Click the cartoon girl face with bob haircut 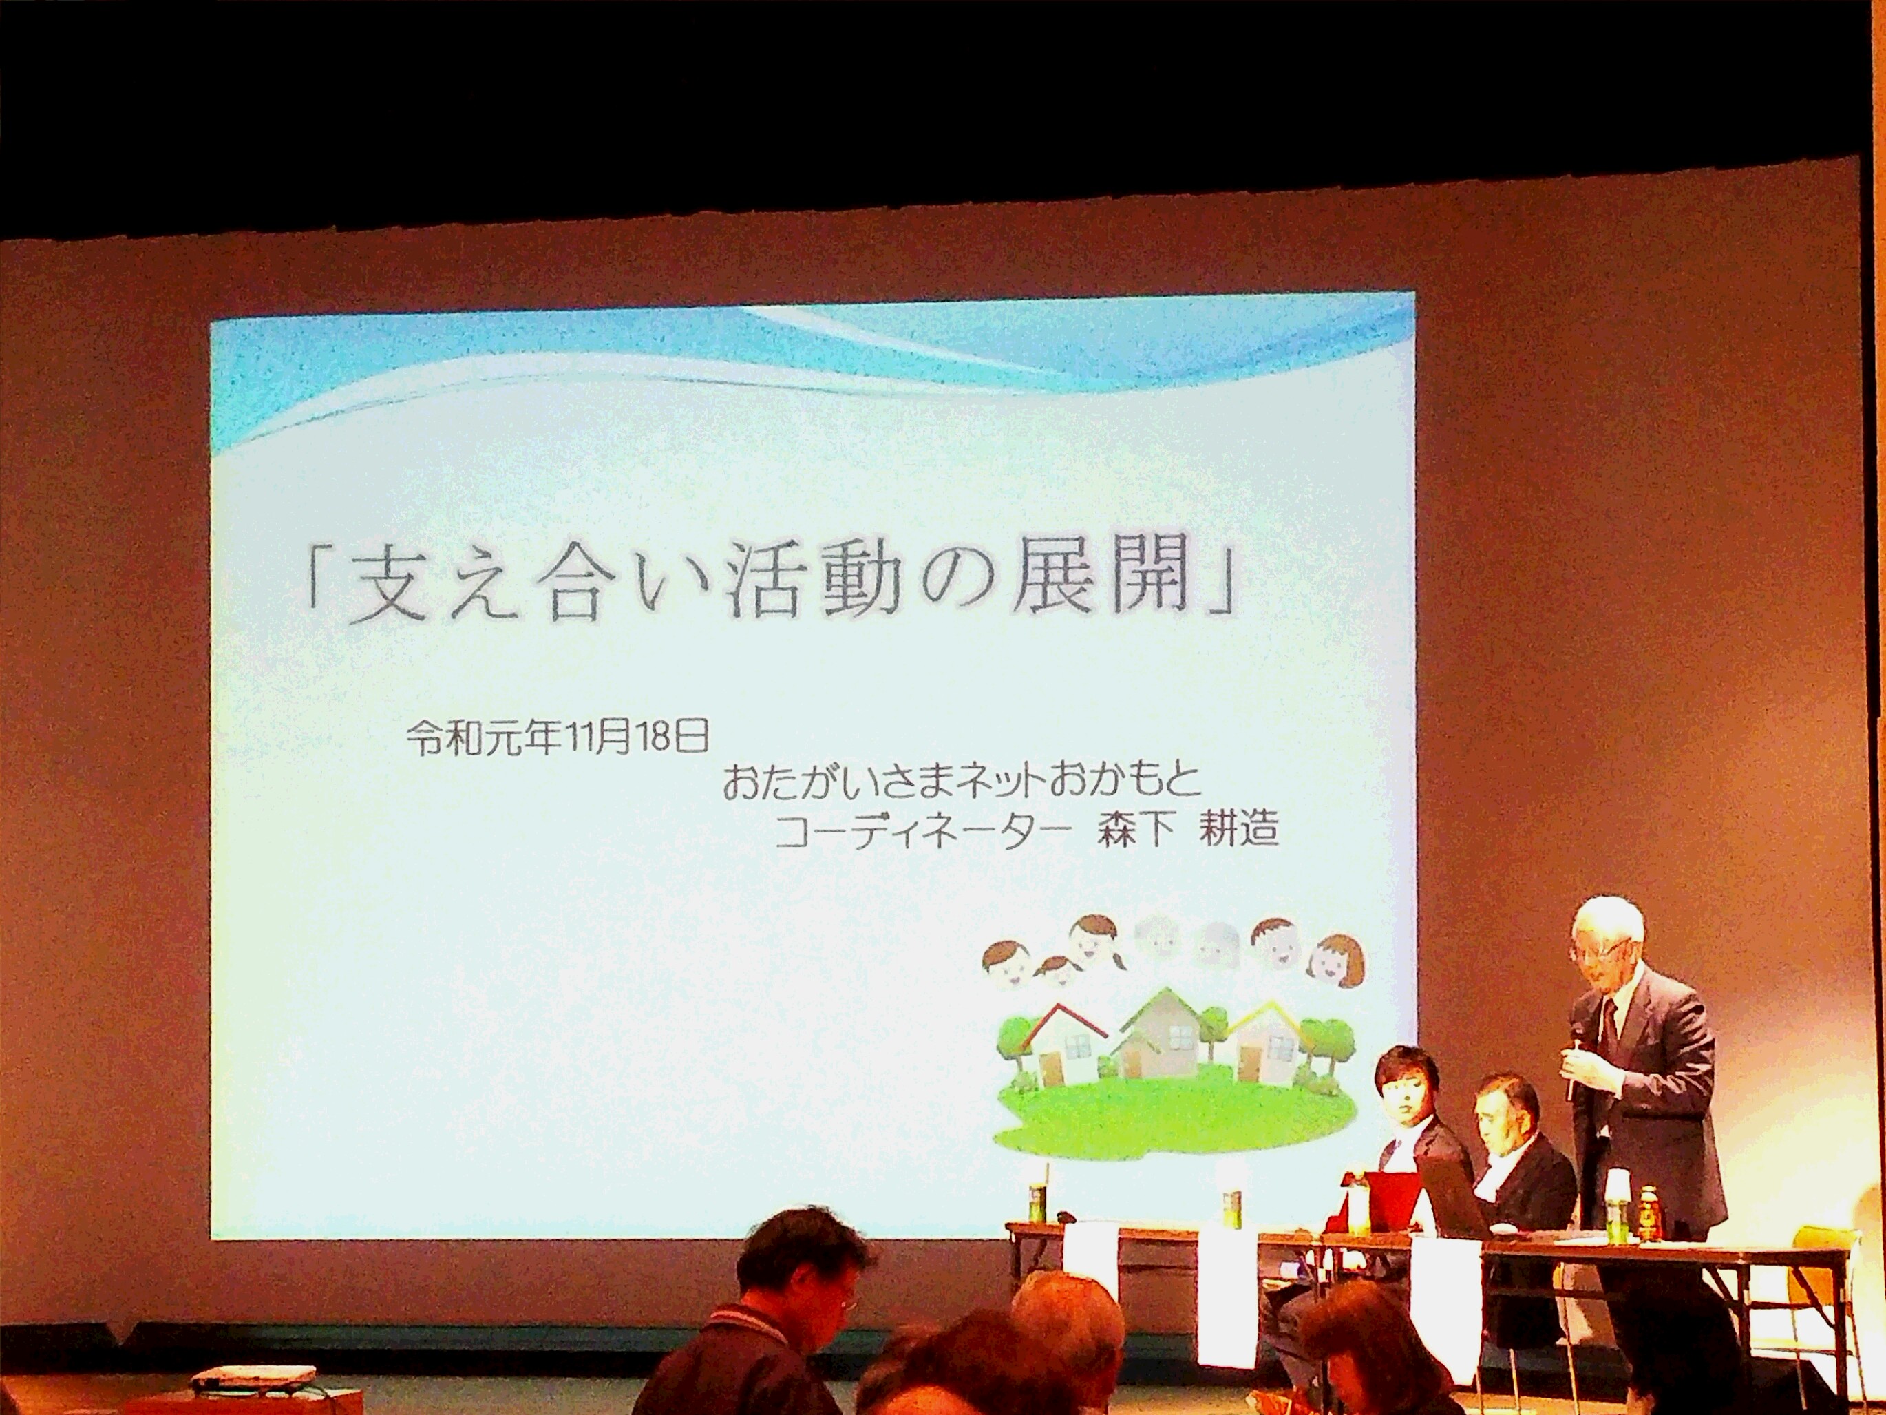point(1336,961)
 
